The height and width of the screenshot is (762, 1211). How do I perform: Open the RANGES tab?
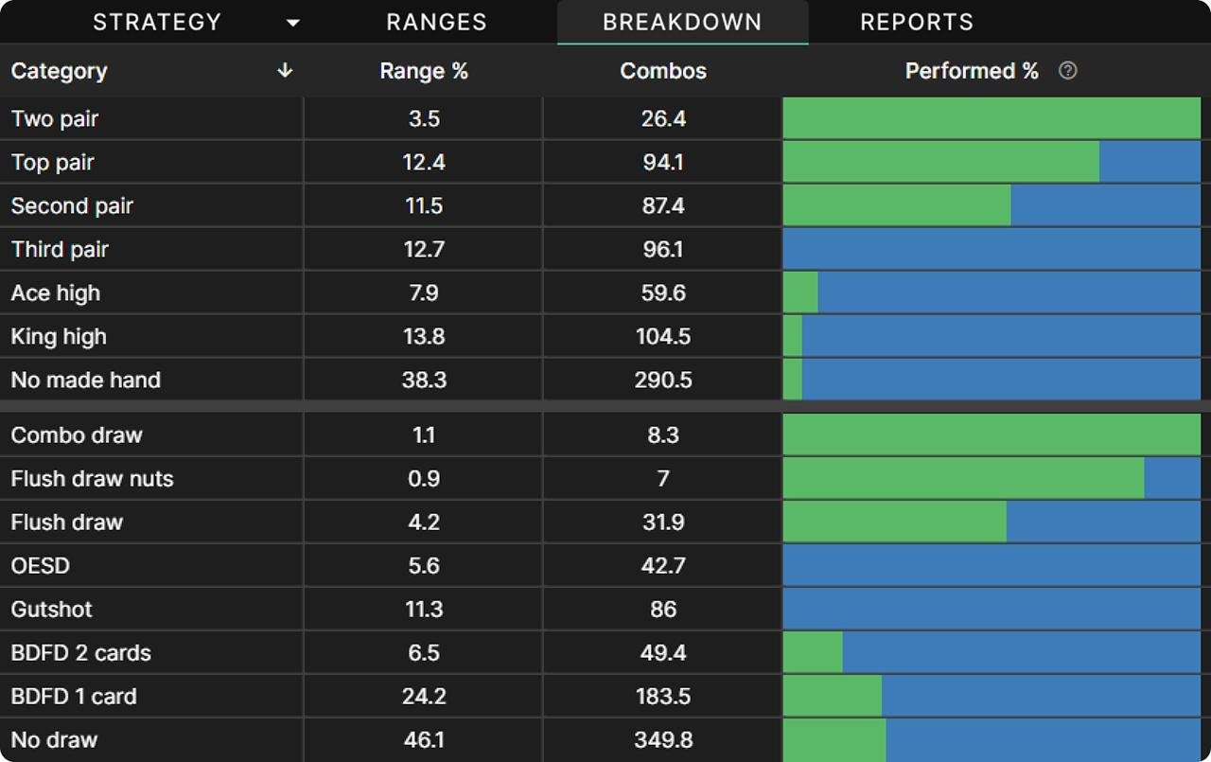tap(436, 22)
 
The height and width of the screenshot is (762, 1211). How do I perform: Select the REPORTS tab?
tap(916, 22)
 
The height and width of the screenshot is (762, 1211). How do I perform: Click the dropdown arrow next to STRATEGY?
tap(293, 23)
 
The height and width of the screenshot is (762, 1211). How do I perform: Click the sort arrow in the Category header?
tap(285, 71)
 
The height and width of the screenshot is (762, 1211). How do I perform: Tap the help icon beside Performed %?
tap(1068, 71)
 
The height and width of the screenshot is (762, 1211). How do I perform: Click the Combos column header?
tap(662, 71)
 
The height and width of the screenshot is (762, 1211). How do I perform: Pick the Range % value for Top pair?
tap(423, 163)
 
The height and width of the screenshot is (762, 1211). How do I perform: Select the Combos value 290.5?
tap(662, 381)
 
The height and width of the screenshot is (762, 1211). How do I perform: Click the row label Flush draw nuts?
tap(92, 479)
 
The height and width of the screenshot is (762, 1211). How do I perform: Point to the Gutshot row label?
tap(51, 610)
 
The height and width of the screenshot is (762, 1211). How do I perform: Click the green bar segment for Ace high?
tap(800, 293)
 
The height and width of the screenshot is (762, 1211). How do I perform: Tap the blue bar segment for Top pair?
tap(1150, 163)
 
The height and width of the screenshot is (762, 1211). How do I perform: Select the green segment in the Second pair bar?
tap(896, 206)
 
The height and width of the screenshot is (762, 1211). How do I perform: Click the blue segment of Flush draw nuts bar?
tap(1172, 479)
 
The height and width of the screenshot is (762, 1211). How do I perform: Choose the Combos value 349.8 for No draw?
tap(662, 740)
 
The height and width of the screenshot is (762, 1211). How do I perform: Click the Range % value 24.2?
tap(423, 697)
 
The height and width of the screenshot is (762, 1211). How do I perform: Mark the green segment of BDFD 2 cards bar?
tap(813, 653)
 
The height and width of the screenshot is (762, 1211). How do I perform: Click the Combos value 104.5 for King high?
tap(662, 337)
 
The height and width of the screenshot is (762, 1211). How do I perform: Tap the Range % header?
tap(423, 71)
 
